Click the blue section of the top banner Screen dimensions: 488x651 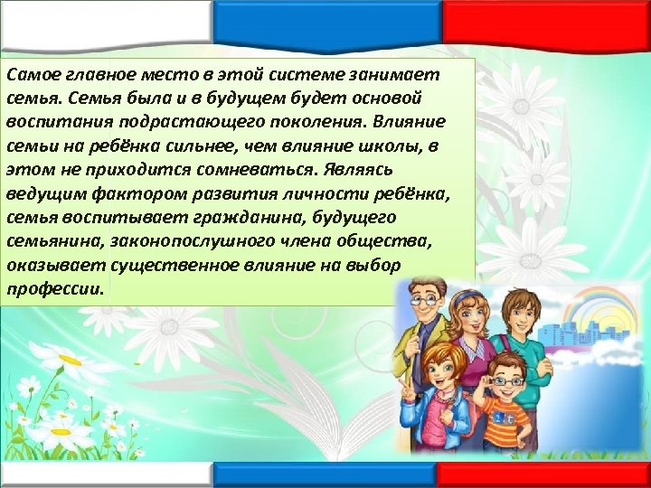pos(325,15)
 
